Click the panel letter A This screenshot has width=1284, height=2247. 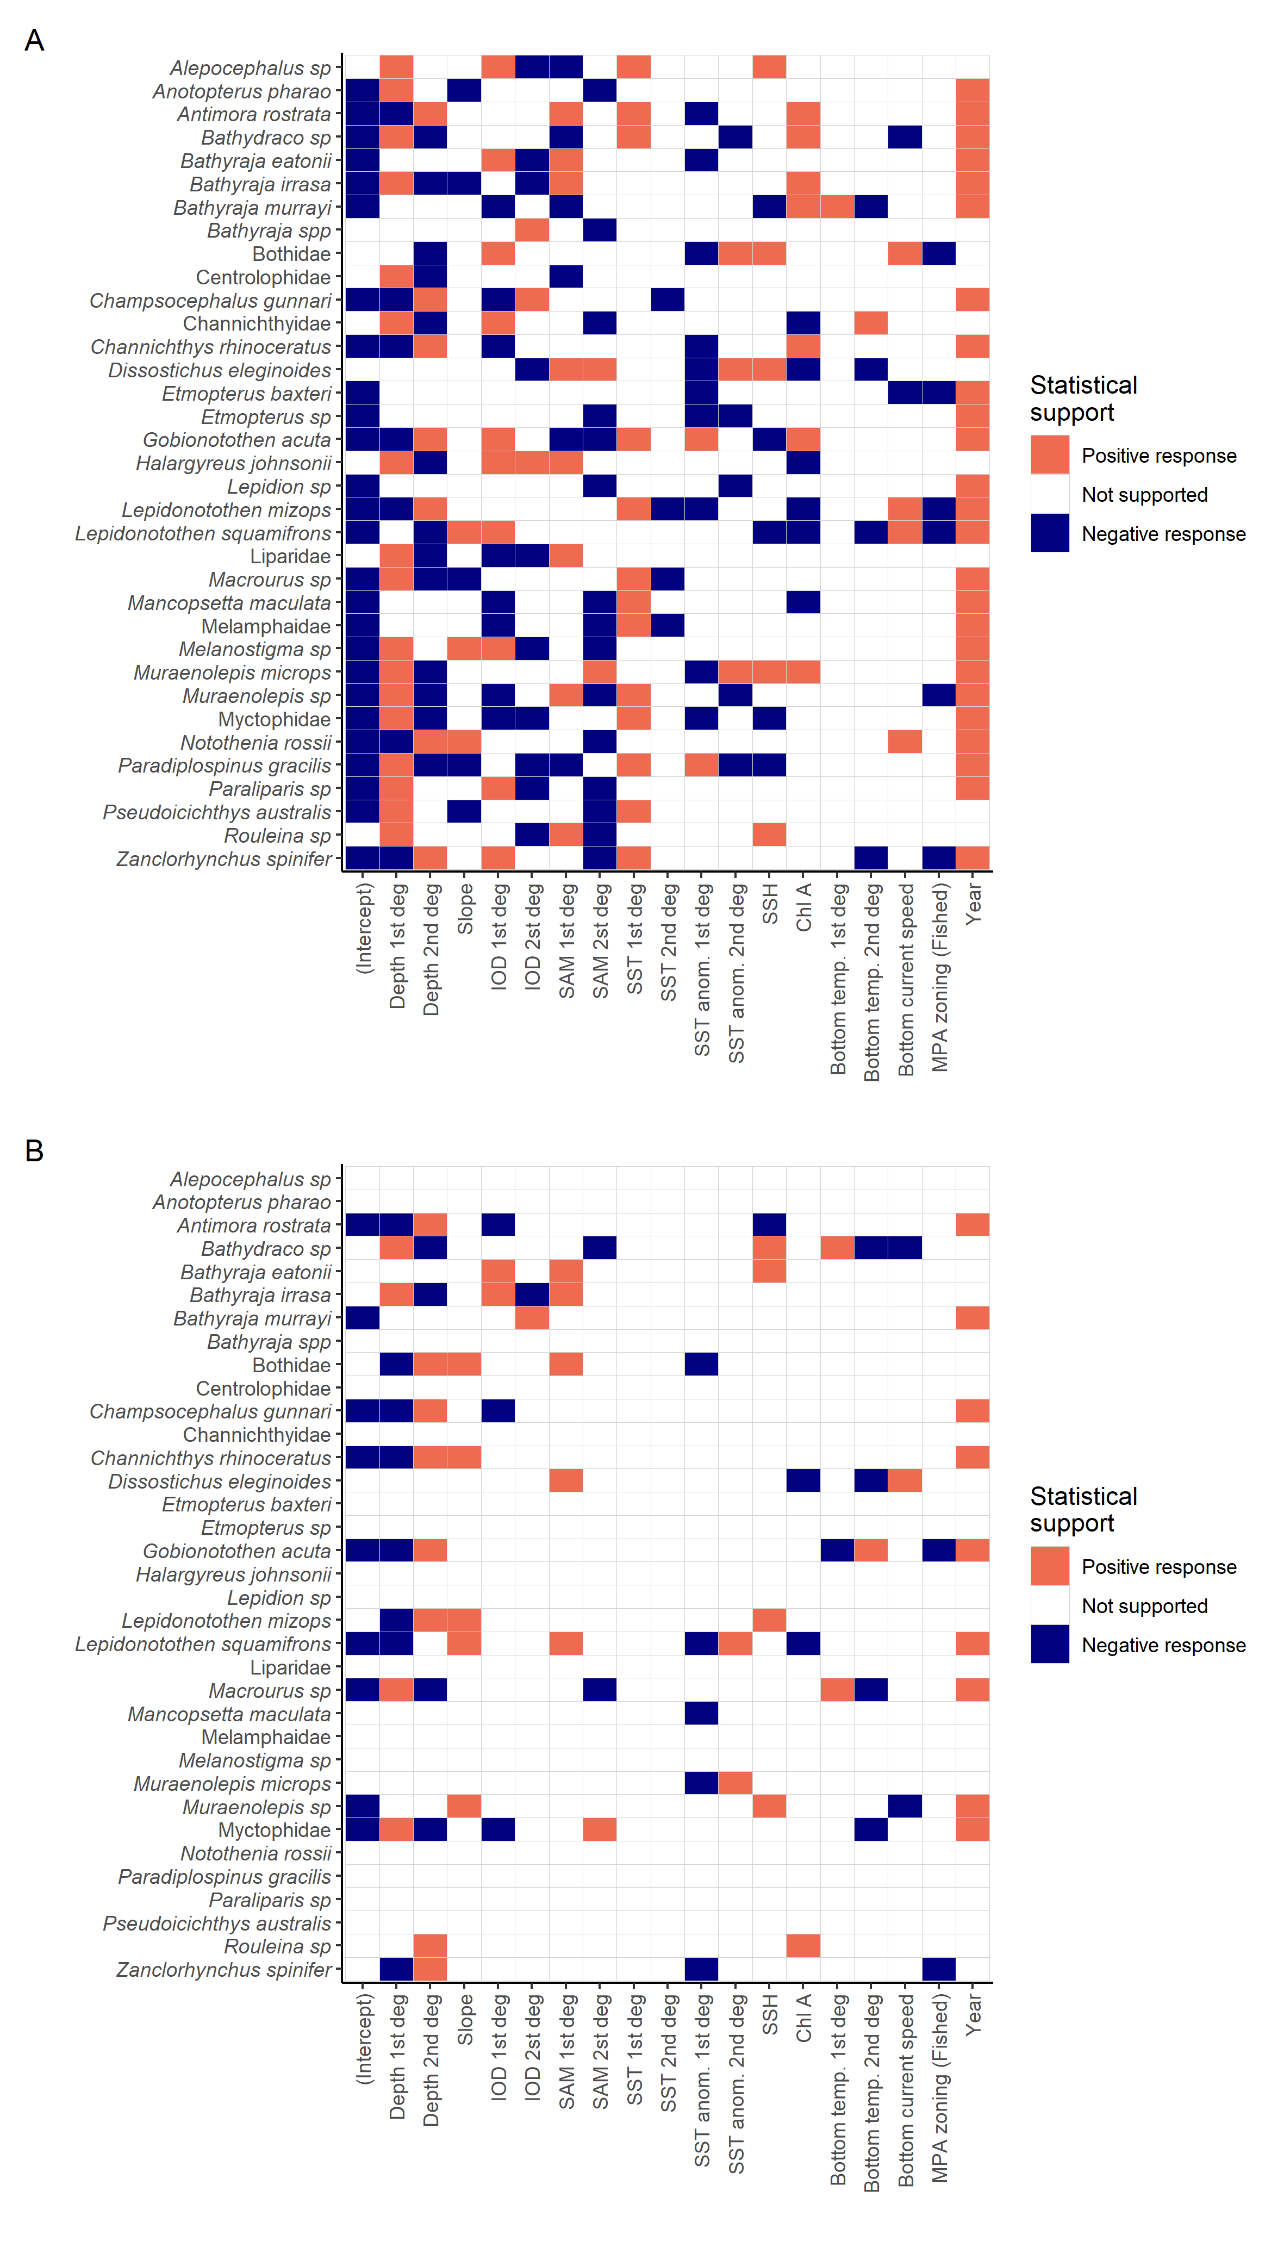coord(34,41)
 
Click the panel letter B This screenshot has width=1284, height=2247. coord(34,1151)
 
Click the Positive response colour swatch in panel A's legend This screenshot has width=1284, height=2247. coord(1049,455)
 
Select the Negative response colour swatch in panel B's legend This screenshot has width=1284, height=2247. coord(1049,1645)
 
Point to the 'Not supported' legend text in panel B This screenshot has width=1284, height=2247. coord(1145,1606)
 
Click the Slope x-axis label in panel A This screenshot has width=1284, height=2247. coord(465,909)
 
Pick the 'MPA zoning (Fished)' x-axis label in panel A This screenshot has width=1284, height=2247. coord(939,977)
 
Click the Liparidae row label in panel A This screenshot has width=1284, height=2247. coord(290,557)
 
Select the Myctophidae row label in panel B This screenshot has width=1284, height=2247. coord(275,1830)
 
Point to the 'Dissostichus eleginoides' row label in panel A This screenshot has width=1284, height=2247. coord(220,370)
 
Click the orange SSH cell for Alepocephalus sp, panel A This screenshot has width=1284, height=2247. coord(769,67)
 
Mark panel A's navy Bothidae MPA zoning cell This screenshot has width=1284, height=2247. coord(939,253)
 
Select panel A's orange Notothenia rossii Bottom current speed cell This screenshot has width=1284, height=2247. coord(905,742)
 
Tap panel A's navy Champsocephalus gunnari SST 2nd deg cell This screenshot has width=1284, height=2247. coord(668,300)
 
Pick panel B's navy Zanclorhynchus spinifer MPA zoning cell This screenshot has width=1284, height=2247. coord(939,1969)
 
